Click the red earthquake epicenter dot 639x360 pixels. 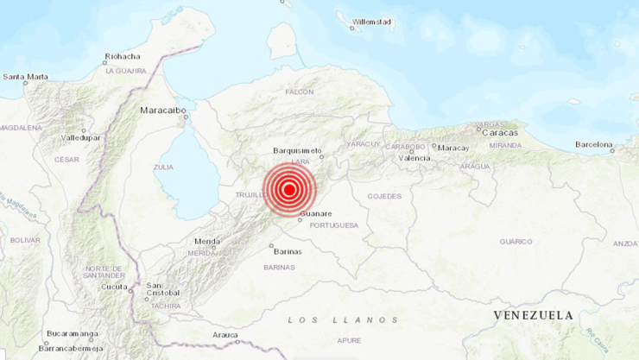[x=289, y=190]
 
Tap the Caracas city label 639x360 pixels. [x=501, y=133]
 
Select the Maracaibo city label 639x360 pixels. [x=161, y=110]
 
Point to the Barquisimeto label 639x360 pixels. [x=297, y=149]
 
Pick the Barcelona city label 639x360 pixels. [x=593, y=144]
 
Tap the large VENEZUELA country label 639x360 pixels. [x=533, y=315]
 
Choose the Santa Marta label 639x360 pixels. [x=25, y=77]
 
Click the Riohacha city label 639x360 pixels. [x=122, y=57]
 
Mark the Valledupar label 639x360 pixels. [x=80, y=137]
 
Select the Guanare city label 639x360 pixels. [x=315, y=212]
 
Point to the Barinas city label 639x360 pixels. [x=288, y=251]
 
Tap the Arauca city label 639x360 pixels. [x=225, y=335]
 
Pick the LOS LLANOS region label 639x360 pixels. [x=343, y=319]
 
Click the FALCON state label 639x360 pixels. [x=300, y=92]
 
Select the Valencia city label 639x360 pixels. [x=414, y=158]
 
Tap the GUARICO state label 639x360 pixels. [x=516, y=242]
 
